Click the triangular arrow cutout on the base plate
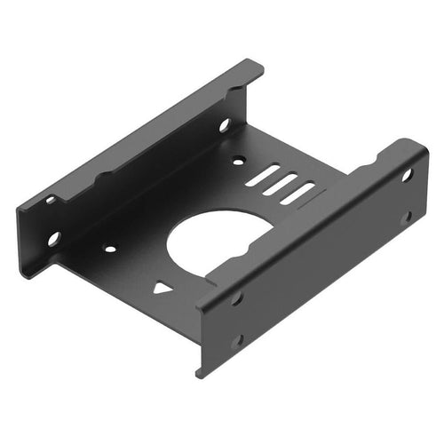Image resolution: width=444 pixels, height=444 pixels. coord(162,288)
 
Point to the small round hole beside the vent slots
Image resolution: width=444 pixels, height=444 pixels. coord(237,162)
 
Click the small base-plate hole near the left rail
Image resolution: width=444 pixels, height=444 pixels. coord(109,249)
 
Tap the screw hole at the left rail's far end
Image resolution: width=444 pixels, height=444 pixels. coord(224,125)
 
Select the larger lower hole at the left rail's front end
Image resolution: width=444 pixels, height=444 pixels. coord(54,238)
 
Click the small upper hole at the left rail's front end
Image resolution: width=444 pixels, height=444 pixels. coord(51,200)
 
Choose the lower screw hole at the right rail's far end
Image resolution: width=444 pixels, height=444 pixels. coord(407,216)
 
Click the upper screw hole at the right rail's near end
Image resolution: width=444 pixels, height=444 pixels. coord(237,298)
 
